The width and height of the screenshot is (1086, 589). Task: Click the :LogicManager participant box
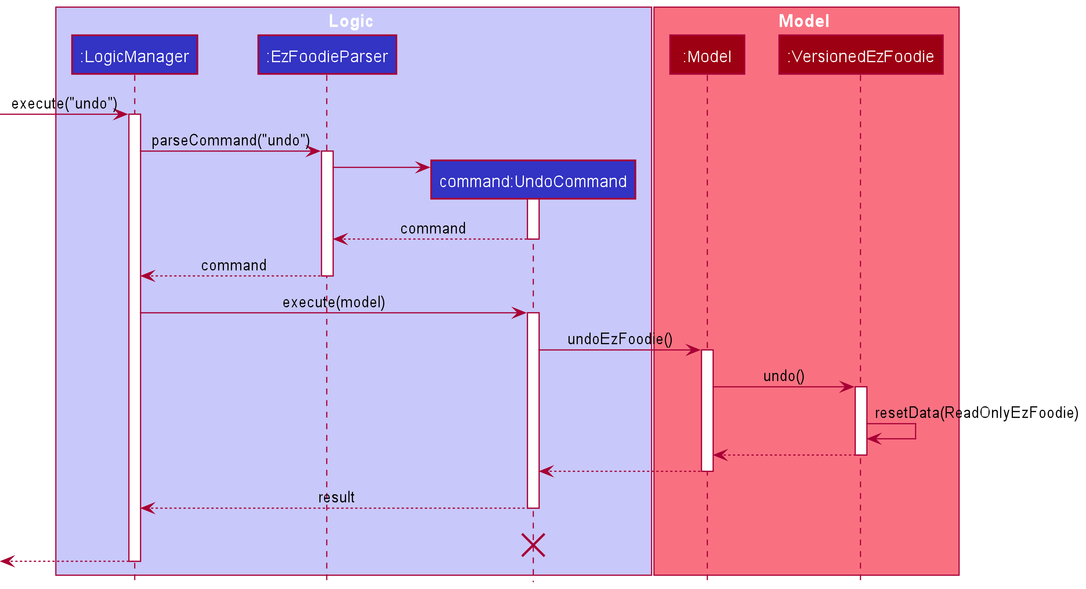[135, 55]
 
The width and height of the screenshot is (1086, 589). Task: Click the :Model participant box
[707, 55]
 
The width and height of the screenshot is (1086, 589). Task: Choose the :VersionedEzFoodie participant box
[860, 55]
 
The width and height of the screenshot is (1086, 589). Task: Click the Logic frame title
[351, 21]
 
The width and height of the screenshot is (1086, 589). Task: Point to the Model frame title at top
[803, 21]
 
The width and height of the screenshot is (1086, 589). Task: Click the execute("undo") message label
[64, 103]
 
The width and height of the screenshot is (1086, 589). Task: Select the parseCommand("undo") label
[231, 140]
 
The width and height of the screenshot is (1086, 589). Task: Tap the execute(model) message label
[334, 302]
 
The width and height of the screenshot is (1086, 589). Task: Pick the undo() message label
[784, 376]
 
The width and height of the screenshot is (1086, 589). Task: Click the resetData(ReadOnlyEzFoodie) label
[976, 413]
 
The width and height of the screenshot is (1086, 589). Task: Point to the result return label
[336, 497]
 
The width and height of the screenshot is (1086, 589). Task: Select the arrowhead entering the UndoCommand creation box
[423, 167]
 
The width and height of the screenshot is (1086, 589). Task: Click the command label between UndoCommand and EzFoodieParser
[433, 228]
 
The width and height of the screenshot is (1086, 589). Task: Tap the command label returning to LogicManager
[234, 265]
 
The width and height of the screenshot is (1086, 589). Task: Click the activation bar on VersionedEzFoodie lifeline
[860, 421]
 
